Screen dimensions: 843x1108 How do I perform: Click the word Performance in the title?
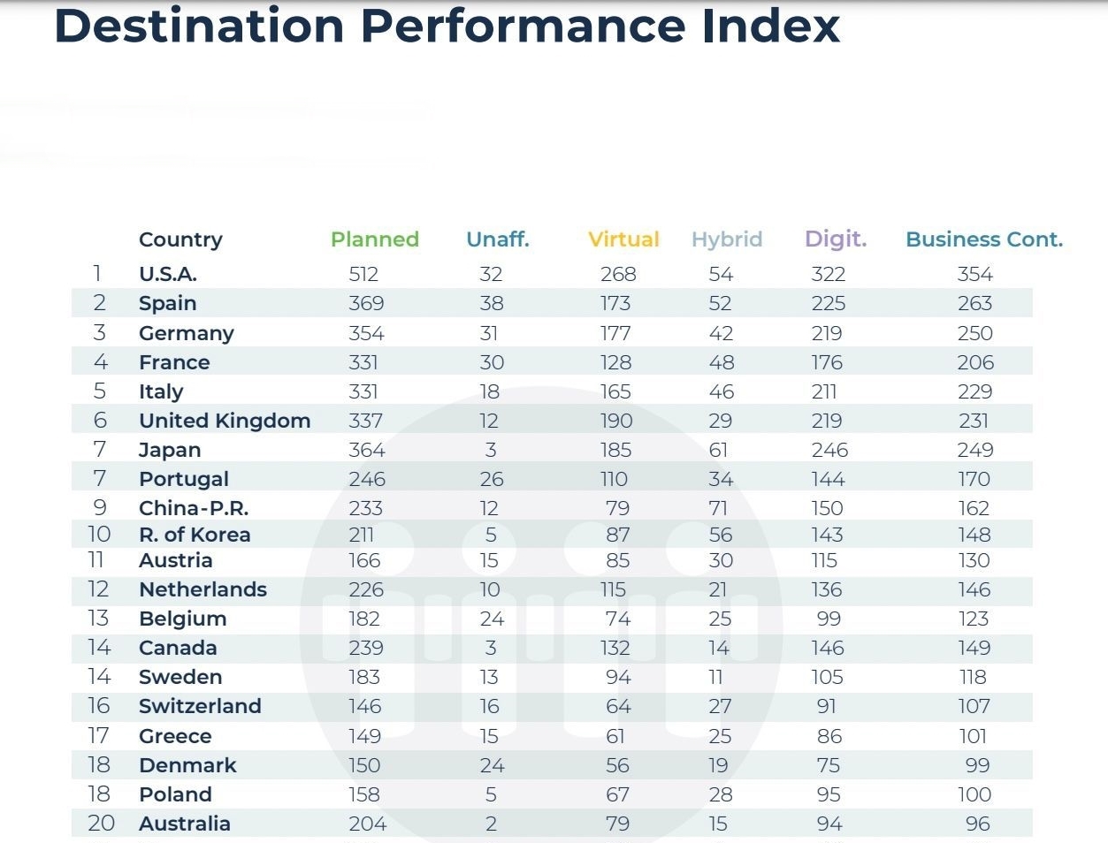[x=523, y=26]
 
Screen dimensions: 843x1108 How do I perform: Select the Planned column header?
[x=374, y=239]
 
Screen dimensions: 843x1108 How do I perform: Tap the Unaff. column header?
[x=497, y=239]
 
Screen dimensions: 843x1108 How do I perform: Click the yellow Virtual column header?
[x=623, y=239]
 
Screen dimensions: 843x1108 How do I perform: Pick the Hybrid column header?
[x=726, y=239]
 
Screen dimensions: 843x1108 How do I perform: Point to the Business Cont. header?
[x=984, y=239]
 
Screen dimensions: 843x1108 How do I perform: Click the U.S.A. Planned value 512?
[x=363, y=275]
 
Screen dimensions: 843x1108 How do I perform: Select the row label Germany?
[x=186, y=334]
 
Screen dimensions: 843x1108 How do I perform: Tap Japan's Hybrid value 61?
[x=718, y=451]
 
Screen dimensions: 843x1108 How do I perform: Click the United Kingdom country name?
[x=224, y=421]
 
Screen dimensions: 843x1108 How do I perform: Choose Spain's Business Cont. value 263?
[x=974, y=304]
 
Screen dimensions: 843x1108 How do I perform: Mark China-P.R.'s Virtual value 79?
[x=617, y=509]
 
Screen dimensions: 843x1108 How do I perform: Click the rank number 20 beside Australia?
[x=101, y=824]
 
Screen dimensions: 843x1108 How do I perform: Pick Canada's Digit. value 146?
[x=828, y=649]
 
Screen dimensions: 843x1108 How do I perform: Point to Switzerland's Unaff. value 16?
[x=490, y=707]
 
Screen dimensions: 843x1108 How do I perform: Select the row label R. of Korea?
[x=194, y=535]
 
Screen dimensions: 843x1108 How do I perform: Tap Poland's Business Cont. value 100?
[x=974, y=794]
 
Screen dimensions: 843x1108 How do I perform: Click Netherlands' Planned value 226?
[x=366, y=589]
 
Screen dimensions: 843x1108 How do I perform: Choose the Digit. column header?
[x=835, y=239]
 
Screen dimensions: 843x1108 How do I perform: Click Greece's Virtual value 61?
[x=615, y=736]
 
